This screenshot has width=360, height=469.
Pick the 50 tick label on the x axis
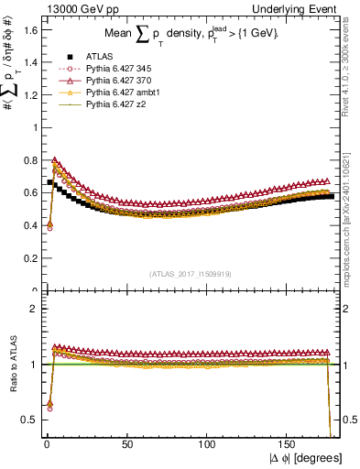[125, 444]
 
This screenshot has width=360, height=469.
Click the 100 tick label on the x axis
[207, 444]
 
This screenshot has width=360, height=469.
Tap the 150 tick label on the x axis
[289, 444]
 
